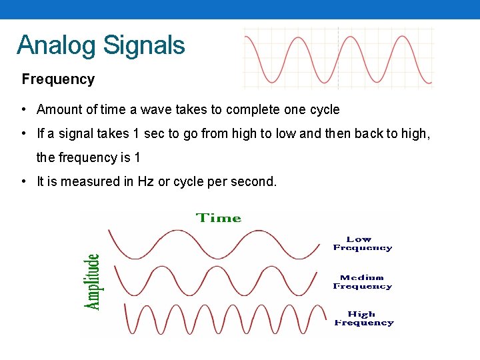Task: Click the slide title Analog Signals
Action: (101, 45)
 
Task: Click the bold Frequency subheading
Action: (58, 79)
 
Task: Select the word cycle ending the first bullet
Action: (325, 109)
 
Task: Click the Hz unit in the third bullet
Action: (145, 181)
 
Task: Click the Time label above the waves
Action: (218, 218)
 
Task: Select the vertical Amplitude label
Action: (93, 281)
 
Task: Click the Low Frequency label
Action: (362, 243)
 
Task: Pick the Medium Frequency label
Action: (362, 282)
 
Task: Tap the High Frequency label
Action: (363, 318)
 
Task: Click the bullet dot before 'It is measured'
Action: (23, 181)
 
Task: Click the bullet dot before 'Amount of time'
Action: (23, 109)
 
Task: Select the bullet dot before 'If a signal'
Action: (23, 133)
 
